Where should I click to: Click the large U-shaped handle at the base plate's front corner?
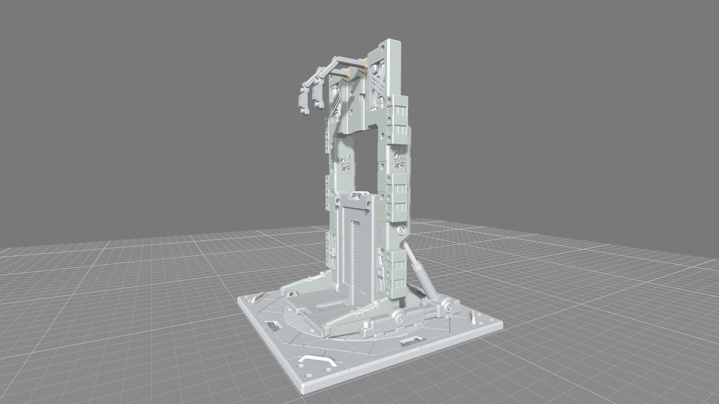pos(316,360)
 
